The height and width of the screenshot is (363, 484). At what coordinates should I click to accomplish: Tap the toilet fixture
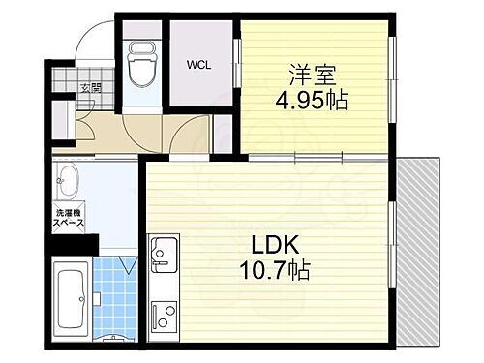[x=141, y=63]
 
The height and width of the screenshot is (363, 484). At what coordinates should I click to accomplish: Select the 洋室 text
[x=307, y=72]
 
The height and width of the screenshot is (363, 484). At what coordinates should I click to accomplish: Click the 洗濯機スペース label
[x=68, y=216]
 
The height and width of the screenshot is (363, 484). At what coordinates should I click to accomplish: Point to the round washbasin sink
[x=69, y=178]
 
